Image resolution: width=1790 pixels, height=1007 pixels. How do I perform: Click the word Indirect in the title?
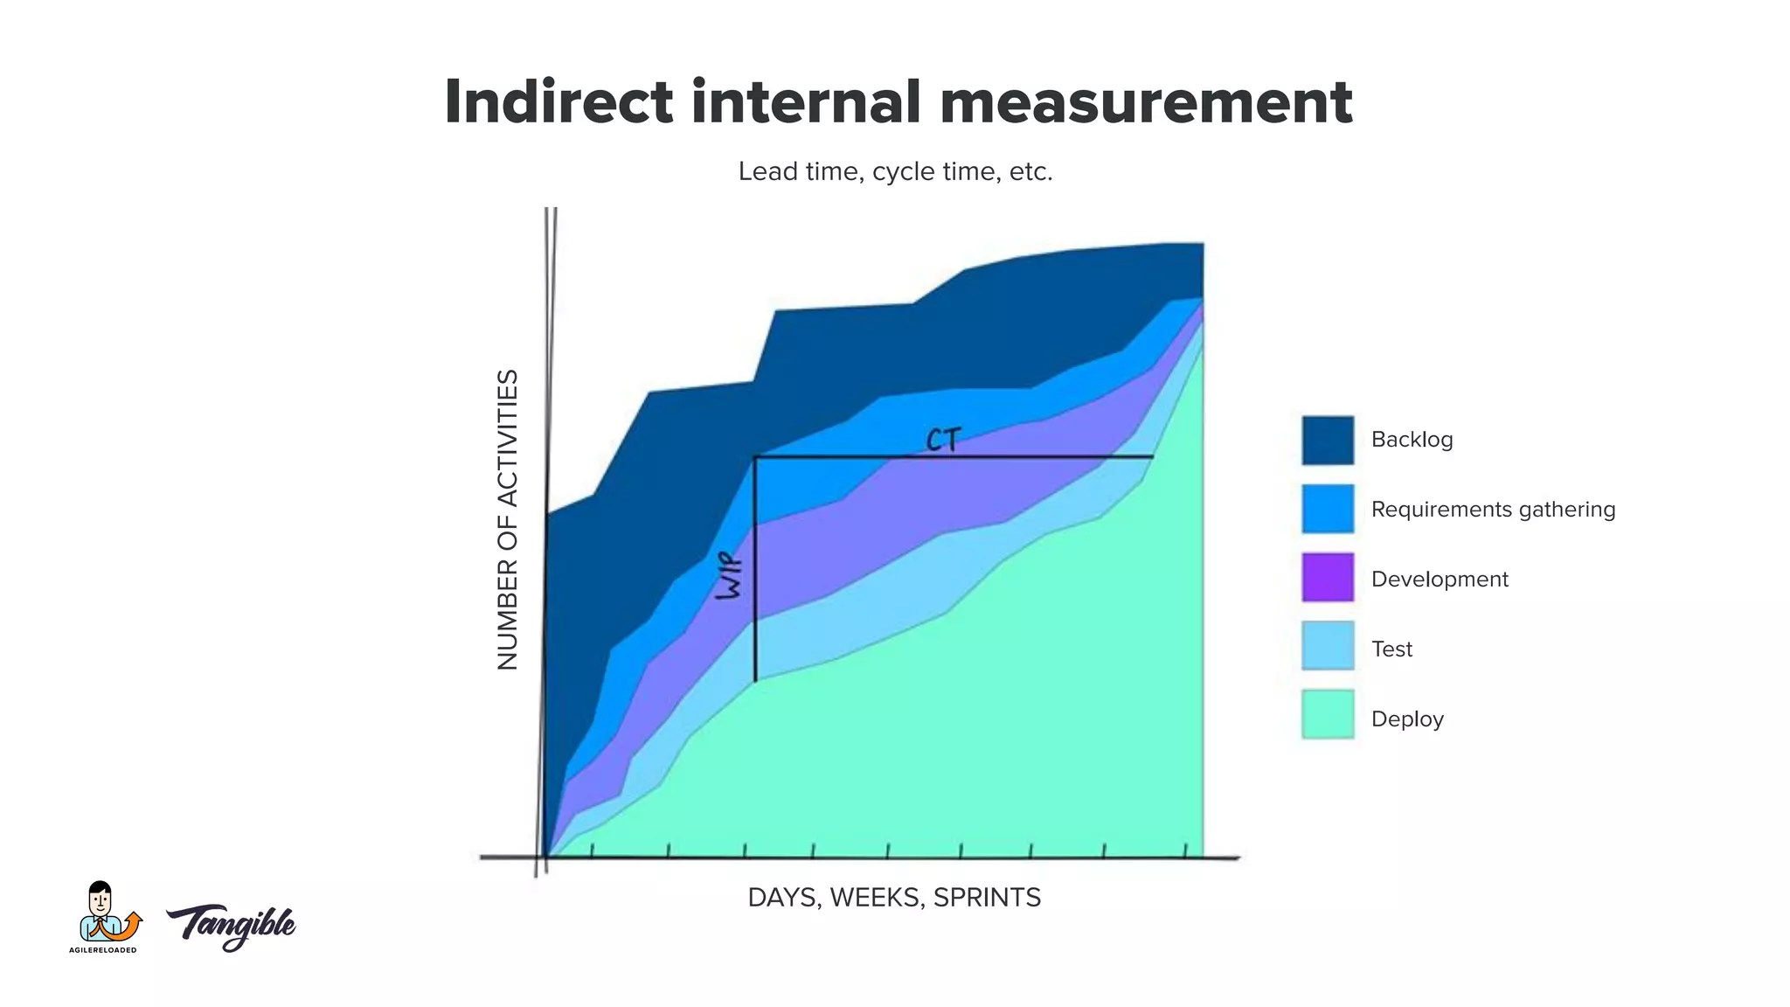pos(559,102)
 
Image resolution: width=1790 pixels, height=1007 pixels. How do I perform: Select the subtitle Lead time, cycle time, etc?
pos(895,171)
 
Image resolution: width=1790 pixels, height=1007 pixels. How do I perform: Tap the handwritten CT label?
pos(943,440)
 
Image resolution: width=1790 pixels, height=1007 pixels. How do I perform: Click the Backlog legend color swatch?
pos(1327,440)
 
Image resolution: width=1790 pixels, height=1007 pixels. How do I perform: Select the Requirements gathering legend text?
pos(1492,509)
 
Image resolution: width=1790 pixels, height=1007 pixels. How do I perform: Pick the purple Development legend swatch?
pos(1327,577)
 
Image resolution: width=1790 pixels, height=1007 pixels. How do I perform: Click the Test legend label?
pos(1391,649)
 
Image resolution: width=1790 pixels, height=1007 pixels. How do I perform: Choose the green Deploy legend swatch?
pos(1327,714)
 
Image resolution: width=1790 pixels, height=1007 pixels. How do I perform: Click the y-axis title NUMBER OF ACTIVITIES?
pos(508,519)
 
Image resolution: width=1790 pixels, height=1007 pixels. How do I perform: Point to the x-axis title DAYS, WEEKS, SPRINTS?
pos(894,898)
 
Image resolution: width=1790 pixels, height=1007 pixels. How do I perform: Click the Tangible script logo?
pos(232,925)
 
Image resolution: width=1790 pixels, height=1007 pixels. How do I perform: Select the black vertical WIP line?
pos(755,612)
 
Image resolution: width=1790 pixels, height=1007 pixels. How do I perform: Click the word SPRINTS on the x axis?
pos(987,898)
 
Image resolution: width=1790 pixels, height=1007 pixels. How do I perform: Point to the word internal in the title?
pos(805,102)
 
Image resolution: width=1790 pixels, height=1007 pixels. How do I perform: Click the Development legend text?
pos(1439,579)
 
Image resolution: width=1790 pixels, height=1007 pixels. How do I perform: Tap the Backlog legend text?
pos(1412,440)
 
